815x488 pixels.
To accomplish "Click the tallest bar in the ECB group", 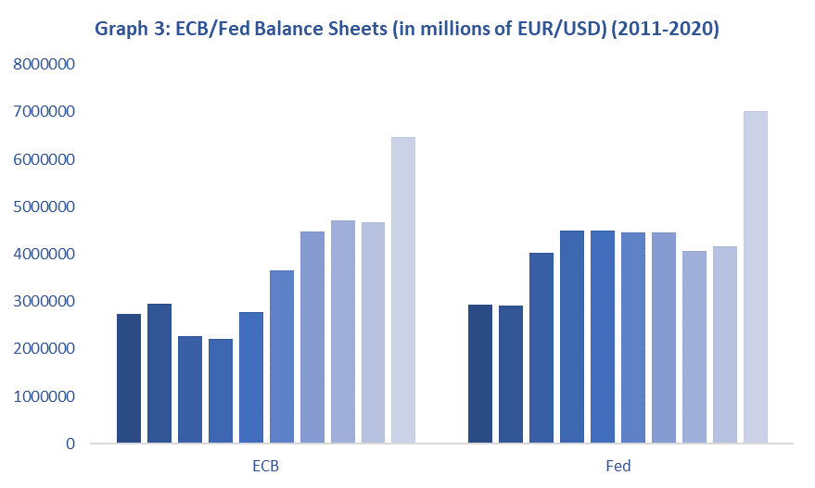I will click(403, 291).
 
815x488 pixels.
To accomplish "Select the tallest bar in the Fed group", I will click(755, 278).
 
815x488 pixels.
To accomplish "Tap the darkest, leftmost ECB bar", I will click(129, 379).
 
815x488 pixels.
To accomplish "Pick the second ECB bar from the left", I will click(159, 374).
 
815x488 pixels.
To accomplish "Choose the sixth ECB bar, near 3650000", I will click(282, 357).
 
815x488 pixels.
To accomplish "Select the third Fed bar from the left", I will click(541, 348).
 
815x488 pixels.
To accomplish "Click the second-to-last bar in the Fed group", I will click(724, 344).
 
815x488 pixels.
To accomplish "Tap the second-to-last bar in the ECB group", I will click(373, 332).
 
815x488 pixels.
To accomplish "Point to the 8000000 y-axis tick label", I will click(44, 65).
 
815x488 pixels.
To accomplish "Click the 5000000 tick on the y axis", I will click(44, 206).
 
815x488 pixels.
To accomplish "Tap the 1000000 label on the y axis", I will click(44, 396).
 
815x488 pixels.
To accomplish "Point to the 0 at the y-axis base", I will click(70, 444).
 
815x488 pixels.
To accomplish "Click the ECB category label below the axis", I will click(265, 467).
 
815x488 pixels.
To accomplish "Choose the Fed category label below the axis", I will click(618, 467).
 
